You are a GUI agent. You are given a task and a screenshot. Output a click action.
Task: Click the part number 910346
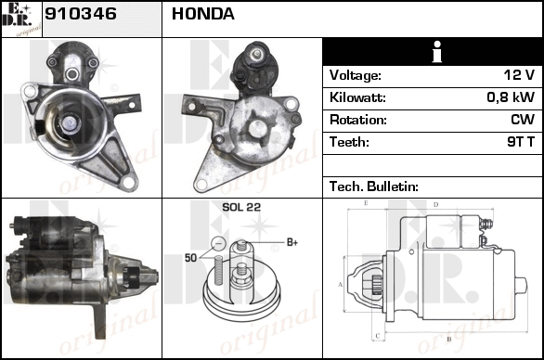[x=81, y=14]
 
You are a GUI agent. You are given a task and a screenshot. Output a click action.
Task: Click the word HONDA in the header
[x=203, y=14]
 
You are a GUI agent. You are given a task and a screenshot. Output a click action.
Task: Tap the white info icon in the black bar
[x=437, y=52]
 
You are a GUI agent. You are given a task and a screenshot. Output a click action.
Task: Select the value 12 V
[x=519, y=75]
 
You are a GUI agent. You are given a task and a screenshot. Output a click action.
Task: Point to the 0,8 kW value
[x=511, y=97]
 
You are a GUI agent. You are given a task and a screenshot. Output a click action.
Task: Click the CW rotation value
[x=523, y=120]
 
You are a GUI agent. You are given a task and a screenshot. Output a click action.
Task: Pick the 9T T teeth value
[x=521, y=142]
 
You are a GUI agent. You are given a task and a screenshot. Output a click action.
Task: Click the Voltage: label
[x=356, y=75]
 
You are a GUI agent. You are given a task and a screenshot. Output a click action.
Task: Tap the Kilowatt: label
[x=357, y=97]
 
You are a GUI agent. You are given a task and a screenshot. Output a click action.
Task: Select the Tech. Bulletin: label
[x=374, y=186]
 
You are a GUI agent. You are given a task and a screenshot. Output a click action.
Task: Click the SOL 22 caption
[x=241, y=207]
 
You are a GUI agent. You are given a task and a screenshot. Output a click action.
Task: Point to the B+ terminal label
[x=292, y=242]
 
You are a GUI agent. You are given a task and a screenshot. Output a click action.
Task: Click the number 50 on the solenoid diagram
[x=190, y=258]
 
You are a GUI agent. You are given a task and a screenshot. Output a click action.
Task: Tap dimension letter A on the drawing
[x=341, y=285]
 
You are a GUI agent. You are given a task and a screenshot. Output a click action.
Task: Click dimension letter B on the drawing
[x=448, y=339]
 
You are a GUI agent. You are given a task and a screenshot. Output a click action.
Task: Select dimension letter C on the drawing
[x=378, y=336]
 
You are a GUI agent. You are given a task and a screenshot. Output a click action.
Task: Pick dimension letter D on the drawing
[x=435, y=205]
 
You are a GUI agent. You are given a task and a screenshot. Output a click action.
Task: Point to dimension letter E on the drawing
[x=366, y=203]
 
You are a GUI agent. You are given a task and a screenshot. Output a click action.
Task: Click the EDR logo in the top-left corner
[x=21, y=19]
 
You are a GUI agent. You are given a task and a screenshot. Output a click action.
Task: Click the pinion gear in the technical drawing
[x=376, y=285]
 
